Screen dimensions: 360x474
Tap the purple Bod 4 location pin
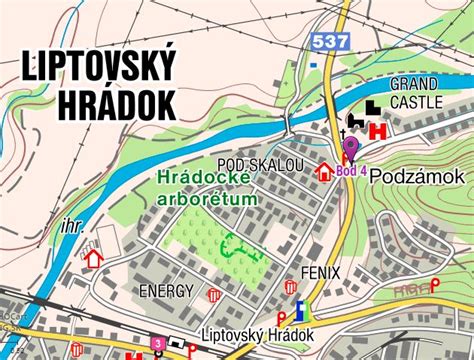pos(350,150)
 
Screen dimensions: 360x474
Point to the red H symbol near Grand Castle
pos(378,131)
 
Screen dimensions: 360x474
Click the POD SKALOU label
pos(260,164)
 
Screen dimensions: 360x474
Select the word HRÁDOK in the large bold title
pos(118,104)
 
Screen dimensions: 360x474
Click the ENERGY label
pos(166,290)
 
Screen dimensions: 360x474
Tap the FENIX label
pos(319,271)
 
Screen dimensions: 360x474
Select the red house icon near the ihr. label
pos(94,258)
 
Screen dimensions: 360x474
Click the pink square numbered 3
pos(158,343)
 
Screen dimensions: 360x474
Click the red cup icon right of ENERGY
pos(213,295)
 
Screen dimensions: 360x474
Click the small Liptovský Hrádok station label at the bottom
pos(258,334)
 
